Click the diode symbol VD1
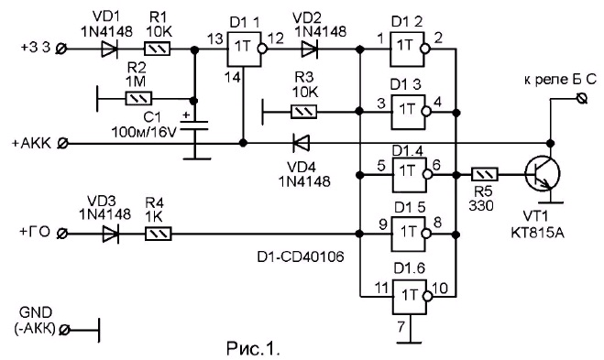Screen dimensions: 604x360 (x=109, y=49)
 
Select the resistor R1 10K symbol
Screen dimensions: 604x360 (x=157, y=49)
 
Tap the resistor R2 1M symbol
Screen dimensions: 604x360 (x=138, y=99)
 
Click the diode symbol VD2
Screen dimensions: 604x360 (x=309, y=49)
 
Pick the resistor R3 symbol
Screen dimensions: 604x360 (x=303, y=112)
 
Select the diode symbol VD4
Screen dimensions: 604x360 (x=301, y=143)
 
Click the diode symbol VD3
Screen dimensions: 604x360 (x=110, y=234)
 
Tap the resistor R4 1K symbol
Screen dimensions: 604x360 (x=158, y=234)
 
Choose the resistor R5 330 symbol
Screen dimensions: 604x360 (x=485, y=175)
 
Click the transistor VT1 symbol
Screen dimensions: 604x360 (x=544, y=174)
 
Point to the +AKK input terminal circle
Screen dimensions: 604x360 (x=62, y=144)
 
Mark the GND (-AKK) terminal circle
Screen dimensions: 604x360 (x=65, y=330)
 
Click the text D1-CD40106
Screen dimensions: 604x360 (x=301, y=256)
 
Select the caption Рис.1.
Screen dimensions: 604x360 (x=253, y=348)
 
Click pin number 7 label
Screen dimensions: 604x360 (x=401, y=327)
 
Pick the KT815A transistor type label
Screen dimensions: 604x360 (x=538, y=233)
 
